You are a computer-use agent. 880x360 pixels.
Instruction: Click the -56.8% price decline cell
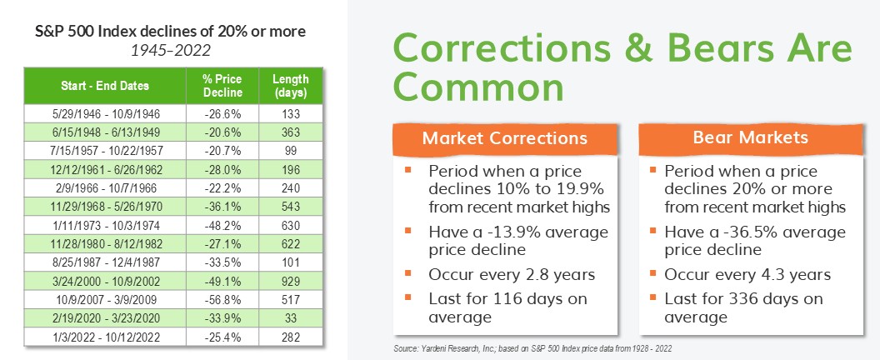coord(222,300)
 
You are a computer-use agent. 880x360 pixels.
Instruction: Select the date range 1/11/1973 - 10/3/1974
coord(105,225)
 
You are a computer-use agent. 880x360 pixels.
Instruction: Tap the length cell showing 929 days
coord(291,282)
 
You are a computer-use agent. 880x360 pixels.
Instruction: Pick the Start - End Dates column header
coord(105,86)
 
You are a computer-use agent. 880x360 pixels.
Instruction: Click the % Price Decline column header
coord(222,86)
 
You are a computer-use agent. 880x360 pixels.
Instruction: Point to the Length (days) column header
coord(291,86)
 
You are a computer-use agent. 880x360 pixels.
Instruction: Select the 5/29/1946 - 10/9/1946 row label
coord(105,114)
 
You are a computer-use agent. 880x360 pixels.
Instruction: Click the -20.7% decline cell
coord(222,151)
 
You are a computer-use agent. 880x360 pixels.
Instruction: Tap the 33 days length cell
coord(291,318)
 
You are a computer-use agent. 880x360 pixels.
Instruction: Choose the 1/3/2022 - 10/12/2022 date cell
coord(105,337)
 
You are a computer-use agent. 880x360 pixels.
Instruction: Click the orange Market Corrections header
coord(505,138)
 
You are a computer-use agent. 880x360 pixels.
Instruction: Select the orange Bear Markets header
coord(751,138)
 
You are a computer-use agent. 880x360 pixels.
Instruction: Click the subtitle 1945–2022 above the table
coord(171,51)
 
